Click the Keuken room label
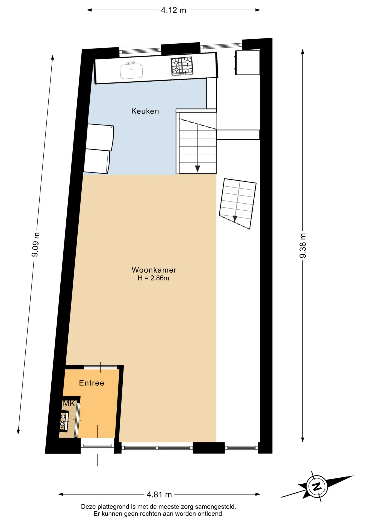(x=145, y=111)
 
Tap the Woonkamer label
(x=154, y=270)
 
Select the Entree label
(x=92, y=383)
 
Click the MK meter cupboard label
(x=69, y=403)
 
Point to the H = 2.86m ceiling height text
(x=154, y=278)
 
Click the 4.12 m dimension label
(x=173, y=10)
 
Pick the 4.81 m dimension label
(x=159, y=494)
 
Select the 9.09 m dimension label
(x=36, y=245)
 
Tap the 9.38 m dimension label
(x=303, y=246)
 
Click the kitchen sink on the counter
(x=131, y=70)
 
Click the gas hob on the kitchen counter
(x=182, y=66)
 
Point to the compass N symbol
(x=317, y=486)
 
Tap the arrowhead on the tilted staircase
(x=235, y=219)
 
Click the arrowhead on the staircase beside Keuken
(x=198, y=169)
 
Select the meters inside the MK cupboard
(x=64, y=422)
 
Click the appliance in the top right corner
(x=247, y=62)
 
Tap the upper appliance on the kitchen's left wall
(x=100, y=137)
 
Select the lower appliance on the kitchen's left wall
(x=97, y=161)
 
